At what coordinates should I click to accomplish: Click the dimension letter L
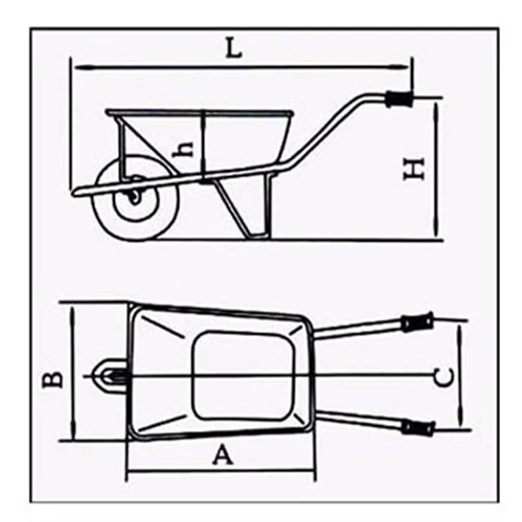[234, 49]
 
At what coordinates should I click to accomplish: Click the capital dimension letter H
[415, 168]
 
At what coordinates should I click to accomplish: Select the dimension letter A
[222, 454]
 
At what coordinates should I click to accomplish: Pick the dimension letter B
[52, 379]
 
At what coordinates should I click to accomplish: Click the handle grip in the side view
[400, 101]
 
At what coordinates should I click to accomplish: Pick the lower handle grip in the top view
[416, 426]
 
